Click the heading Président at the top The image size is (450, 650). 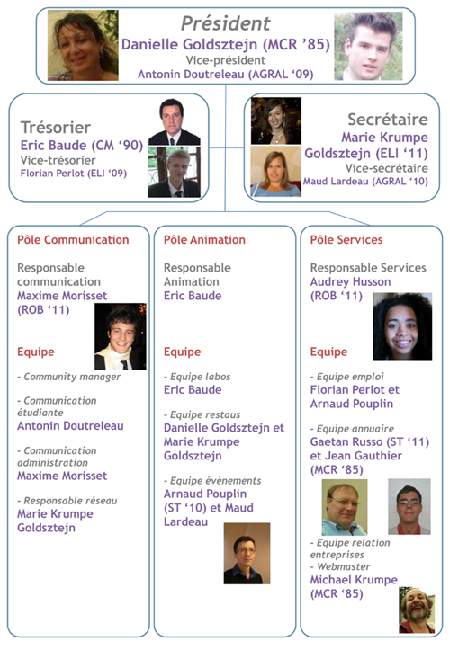pyautogui.click(x=225, y=23)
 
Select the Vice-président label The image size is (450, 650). pyautogui.click(x=225, y=60)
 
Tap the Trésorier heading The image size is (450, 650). pyautogui.click(x=56, y=128)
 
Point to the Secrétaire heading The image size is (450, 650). pyautogui.click(x=388, y=120)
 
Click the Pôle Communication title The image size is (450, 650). pyautogui.click(x=73, y=240)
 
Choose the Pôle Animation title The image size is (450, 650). pyautogui.click(x=204, y=240)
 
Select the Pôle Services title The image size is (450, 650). pyautogui.click(x=346, y=240)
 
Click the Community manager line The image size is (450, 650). pyautogui.click(x=69, y=377)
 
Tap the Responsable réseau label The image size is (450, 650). pyautogui.click(x=67, y=501)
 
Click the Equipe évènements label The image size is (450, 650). pyautogui.click(x=212, y=481)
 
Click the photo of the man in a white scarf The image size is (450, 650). pyautogui.click(x=121, y=336)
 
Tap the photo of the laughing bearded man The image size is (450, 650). pyautogui.click(x=418, y=610)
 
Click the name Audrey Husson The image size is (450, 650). pyautogui.click(x=351, y=282)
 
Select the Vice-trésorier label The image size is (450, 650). pyautogui.click(x=58, y=160)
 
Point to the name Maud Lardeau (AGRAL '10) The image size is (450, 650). pyautogui.click(x=365, y=182)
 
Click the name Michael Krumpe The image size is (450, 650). pyautogui.click(x=354, y=580)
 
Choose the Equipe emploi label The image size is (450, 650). pyautogui.click(x=347, y=377)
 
